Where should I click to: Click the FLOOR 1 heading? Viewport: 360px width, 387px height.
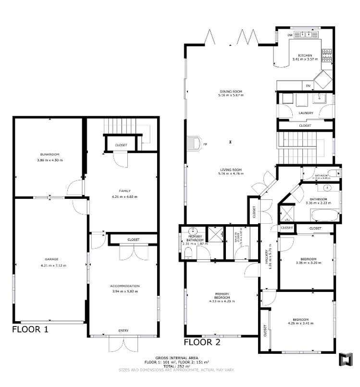click(30, 329)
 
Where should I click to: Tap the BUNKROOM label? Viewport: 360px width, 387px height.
click(49, 154)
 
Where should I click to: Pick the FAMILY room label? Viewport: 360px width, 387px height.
click(124, 191)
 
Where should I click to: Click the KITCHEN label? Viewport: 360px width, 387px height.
click(305, 55)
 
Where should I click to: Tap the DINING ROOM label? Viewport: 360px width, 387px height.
click(231, 91)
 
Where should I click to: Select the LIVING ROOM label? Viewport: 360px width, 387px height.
click(231, 169)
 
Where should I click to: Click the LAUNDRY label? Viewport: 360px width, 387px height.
click(306, 113)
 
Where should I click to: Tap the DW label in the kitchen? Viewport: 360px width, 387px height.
click(290, 36)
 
